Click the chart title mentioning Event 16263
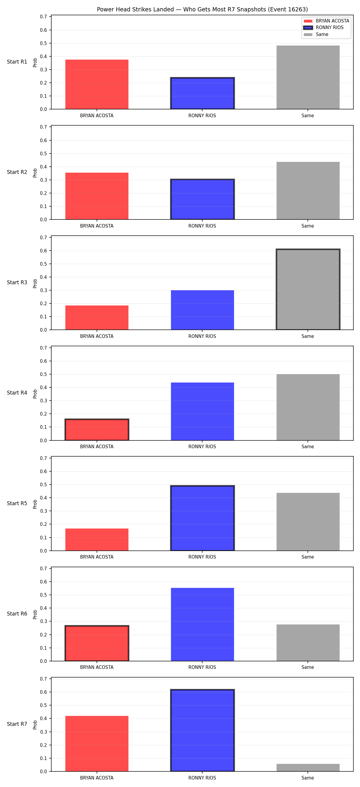click(202, 10)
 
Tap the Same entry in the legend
click(316, 34)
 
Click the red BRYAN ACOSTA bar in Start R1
click(97, 84)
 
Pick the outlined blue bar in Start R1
click(202, 93)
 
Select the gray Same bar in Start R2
click(308, 191)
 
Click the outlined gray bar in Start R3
click(308, 289)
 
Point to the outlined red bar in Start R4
click(97, 430)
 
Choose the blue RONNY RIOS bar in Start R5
click(202, 518)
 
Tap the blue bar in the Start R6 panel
click(202, 625)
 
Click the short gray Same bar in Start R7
click(308, 768)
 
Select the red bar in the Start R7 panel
click(97, 744)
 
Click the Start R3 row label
click(17, 283)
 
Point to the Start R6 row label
click(17, 614)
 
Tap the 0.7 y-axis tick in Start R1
click(43, 17)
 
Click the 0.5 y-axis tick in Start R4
click(43, 374)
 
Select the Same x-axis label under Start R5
click(307, 557)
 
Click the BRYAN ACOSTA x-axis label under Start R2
click(97, 226)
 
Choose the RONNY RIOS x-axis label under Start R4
click(202, 447)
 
